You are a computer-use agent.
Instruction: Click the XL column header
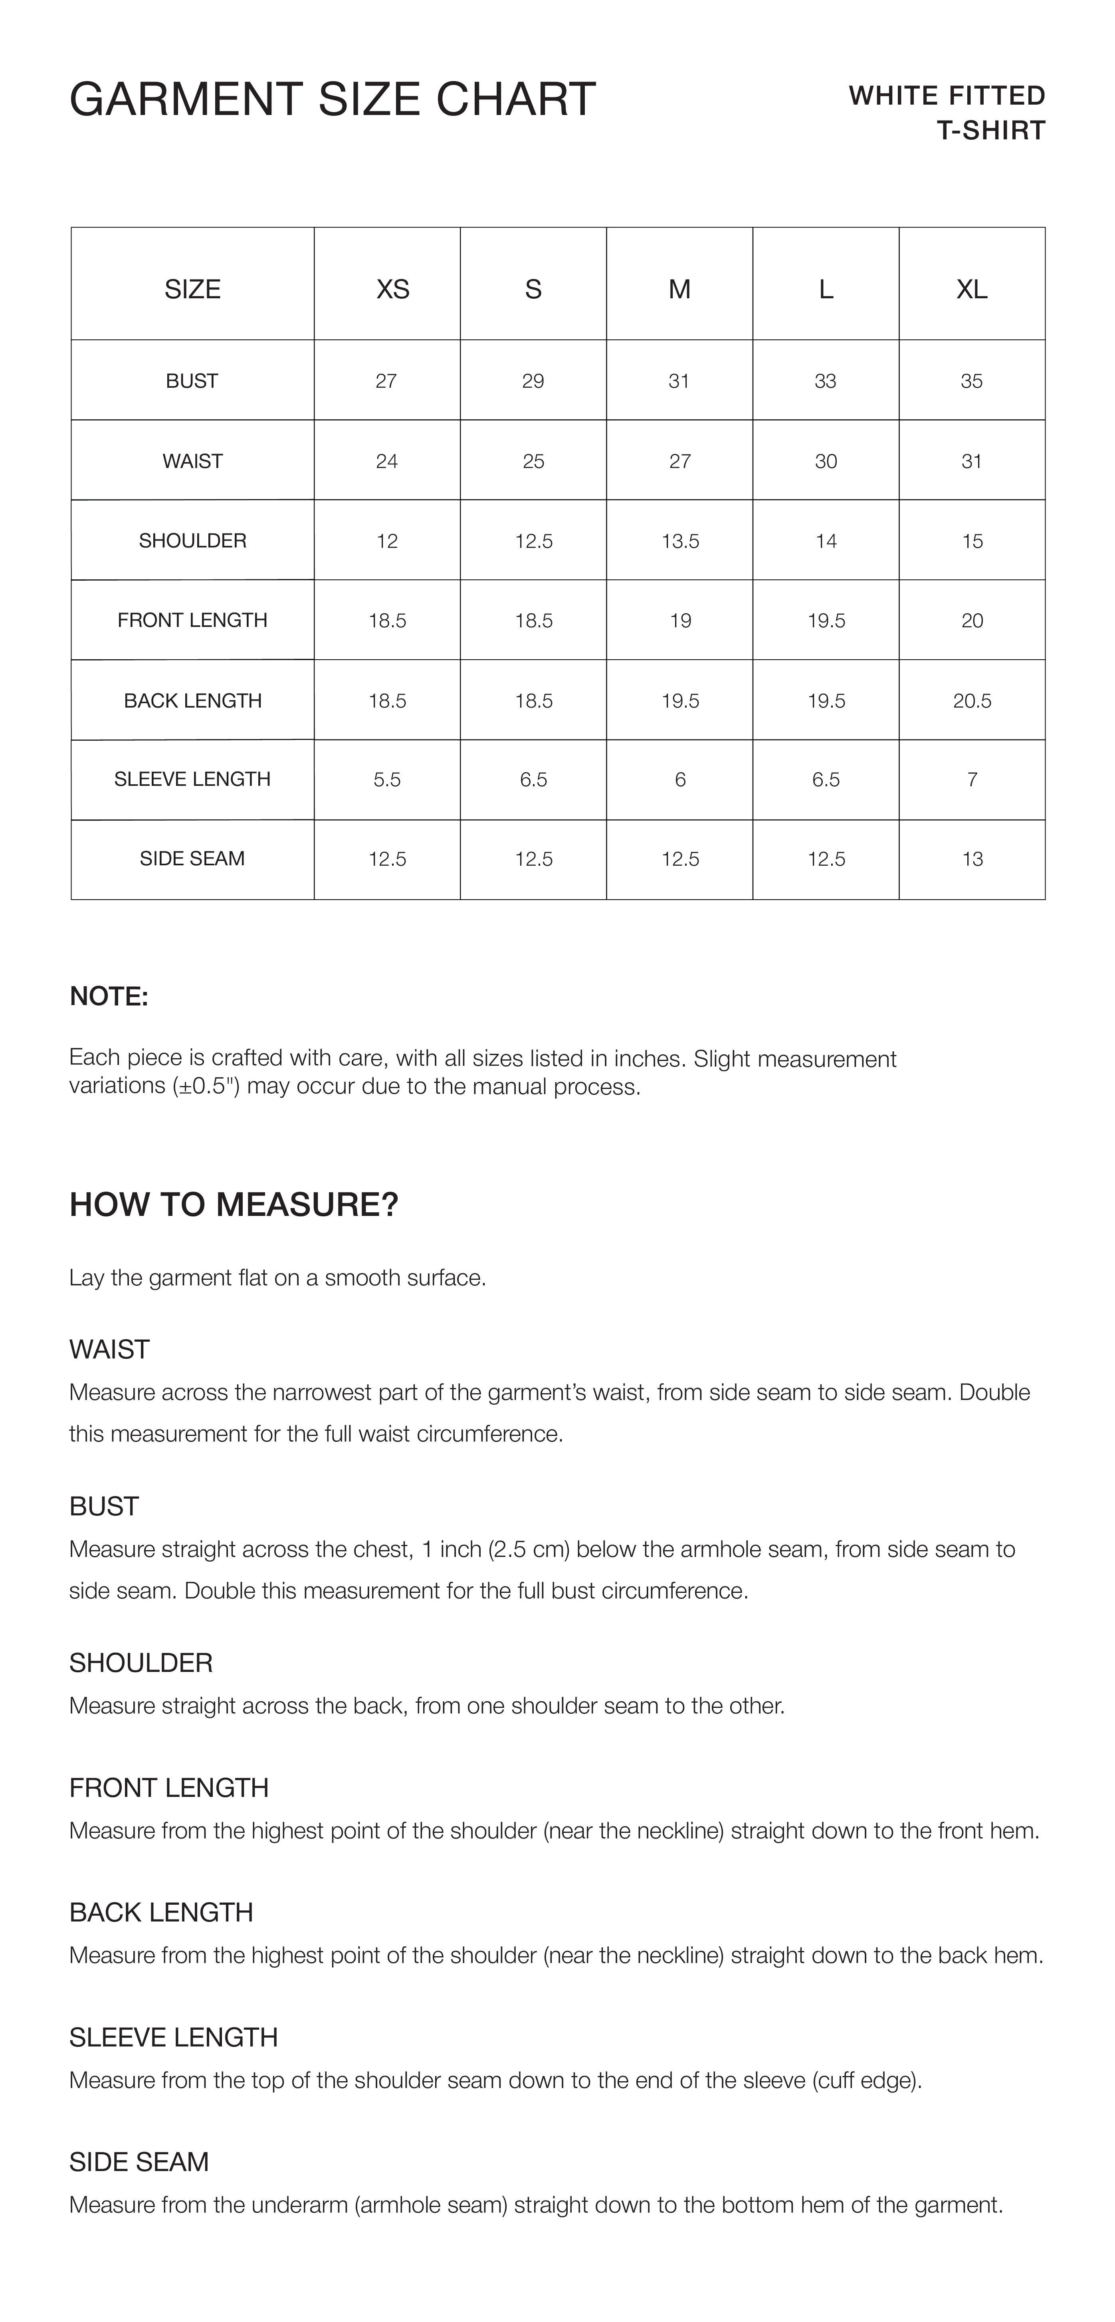[972, 290]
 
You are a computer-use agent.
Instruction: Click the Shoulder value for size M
[679, 541]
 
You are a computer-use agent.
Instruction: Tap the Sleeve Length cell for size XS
[387, 780]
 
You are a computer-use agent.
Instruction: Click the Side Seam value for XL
[972, 859]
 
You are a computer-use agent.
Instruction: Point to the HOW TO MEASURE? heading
[234, 1205]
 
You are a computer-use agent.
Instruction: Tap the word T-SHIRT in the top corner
[990, 131]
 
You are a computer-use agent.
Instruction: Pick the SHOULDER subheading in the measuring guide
[141, 1663]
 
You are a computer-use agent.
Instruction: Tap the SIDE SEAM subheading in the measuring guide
[139, 2162]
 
